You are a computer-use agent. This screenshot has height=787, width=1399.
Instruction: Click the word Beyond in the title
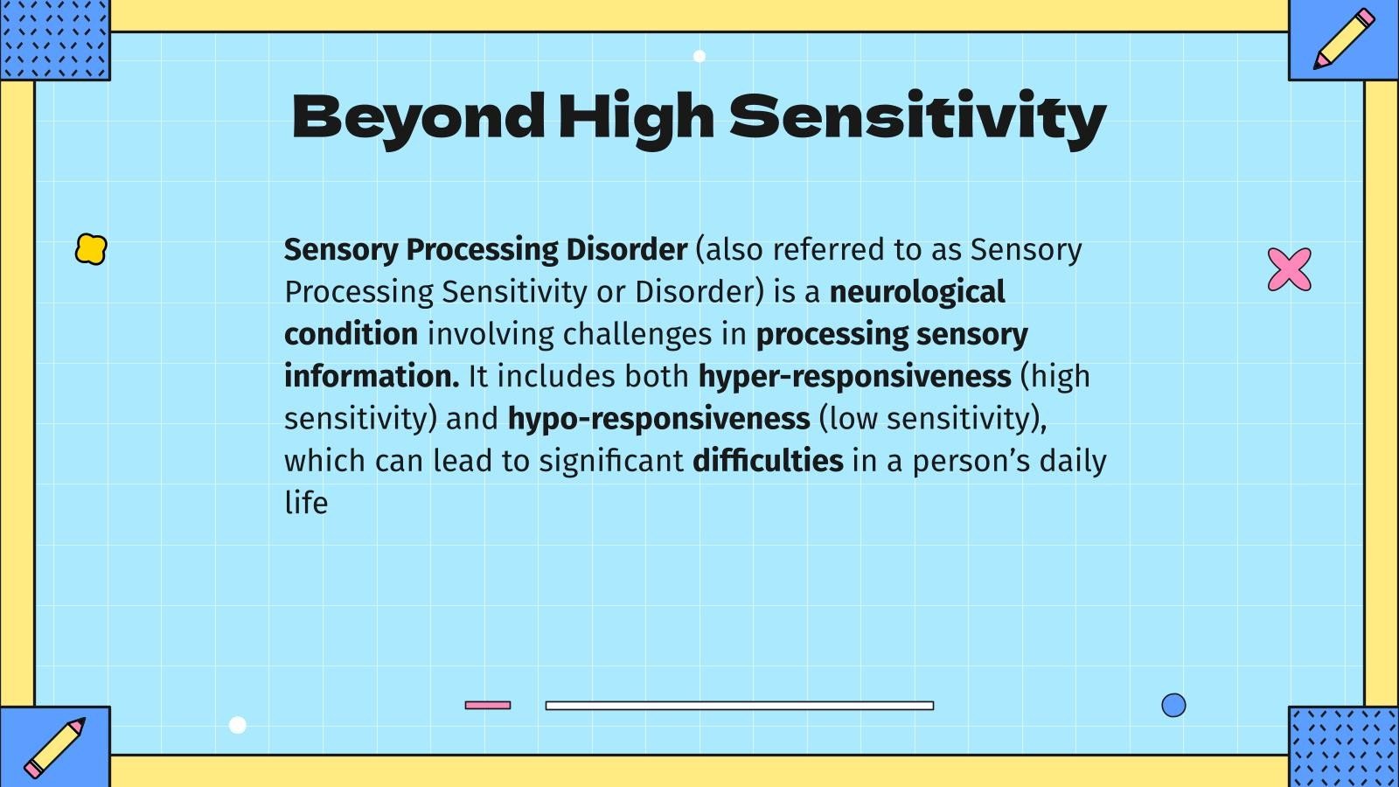point(418,116)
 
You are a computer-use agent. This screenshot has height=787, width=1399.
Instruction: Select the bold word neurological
point(917,292)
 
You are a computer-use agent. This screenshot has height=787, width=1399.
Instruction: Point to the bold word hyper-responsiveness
point(854,376)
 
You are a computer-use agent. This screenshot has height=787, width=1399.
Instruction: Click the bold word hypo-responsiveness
point(658,418)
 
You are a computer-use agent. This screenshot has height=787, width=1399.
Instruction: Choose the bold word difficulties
point(768,460)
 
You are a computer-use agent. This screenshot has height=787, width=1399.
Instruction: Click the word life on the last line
point(306,503)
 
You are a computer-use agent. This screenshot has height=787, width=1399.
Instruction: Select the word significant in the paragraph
point(610,461)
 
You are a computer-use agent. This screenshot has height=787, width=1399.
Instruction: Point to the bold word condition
point(351,334)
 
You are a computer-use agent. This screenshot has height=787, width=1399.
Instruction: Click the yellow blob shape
point(91,249)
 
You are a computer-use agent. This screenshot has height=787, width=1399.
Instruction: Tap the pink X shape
point(1290,269)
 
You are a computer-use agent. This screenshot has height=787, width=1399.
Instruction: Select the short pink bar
point(488,705)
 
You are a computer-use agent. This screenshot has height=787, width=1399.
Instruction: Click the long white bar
point(739,706)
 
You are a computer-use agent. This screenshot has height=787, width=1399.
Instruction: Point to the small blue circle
point(1173,705)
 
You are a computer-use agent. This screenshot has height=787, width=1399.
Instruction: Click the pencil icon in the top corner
point(1343,38)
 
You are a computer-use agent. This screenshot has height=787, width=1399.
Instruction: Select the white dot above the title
point(699,56)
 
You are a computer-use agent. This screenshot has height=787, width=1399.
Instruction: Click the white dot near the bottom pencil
point(237,725)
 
